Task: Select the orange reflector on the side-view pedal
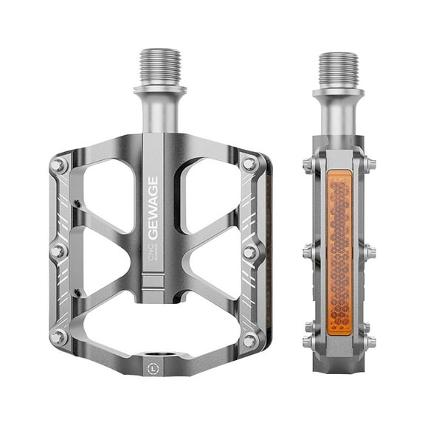pos(339,252)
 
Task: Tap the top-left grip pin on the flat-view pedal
pos(58,165)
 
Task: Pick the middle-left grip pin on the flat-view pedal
pos(58,252)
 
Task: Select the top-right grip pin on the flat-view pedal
pos(249,164)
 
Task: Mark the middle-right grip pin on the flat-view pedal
pos(249,252)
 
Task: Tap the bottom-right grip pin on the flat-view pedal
pos(249,339)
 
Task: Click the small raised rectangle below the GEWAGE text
pos(153,281)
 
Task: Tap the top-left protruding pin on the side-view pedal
pos(308,165)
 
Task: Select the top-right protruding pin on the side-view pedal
pos(369,165)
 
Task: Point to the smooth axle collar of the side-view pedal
pos(338,111)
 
